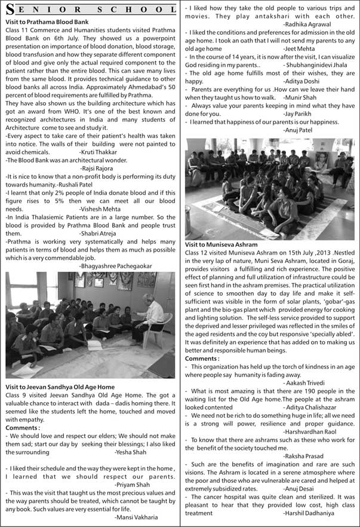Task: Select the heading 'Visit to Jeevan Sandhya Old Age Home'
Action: pyautogui.click(x=60, y=387)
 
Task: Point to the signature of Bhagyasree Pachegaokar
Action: pyautogui.click(x=115, y=266)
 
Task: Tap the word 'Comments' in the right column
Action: pyautogui.click(x=202, y=359)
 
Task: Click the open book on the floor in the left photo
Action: pyautogui.click(x=95, y=345)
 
